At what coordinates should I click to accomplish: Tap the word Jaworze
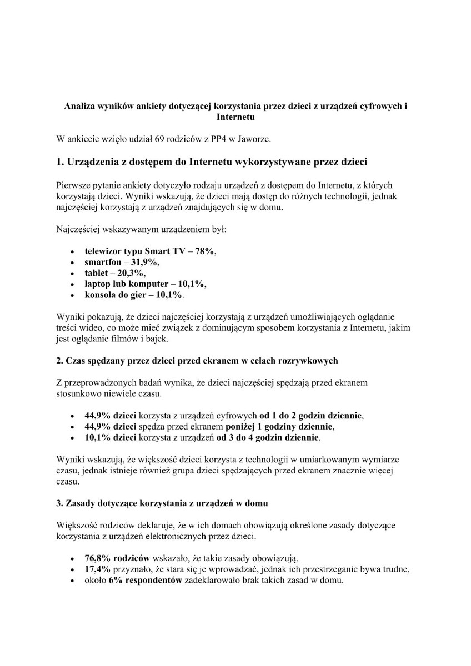pos(255,138)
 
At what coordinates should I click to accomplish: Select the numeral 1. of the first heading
pos(61,162)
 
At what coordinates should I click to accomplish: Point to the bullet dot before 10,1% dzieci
pos(73,438)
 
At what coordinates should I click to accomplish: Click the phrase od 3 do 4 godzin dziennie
pos(268,437)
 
